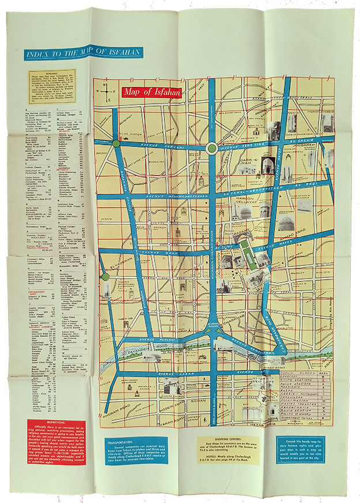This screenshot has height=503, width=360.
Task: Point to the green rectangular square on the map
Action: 250,254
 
